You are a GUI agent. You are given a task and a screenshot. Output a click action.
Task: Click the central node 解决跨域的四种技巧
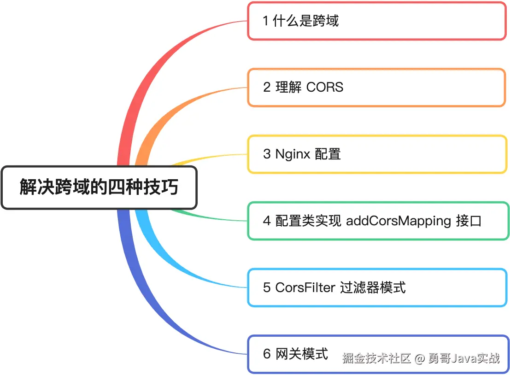click(x=99, y=187)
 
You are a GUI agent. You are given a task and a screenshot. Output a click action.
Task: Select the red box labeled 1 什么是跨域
click(x=376, y=21)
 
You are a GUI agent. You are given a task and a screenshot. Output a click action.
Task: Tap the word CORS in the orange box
click(x=325, y=87)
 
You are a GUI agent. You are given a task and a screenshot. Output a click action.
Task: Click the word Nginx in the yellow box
click(x=293, y=154)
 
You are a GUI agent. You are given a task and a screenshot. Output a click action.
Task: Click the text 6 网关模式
click(x=295, y=354)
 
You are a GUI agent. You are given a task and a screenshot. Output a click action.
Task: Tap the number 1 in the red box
click(x=266, y=21)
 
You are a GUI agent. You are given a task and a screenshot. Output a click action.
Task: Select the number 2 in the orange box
click(x=267, y=88)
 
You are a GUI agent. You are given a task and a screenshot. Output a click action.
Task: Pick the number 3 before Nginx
click(x=267, y=154)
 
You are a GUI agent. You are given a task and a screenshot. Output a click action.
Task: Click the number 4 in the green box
click(x=267, y=221)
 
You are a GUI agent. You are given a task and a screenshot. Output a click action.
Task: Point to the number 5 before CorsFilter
click(x=267, y=287)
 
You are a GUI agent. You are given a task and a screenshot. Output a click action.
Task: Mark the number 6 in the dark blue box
click(x=267, y=354)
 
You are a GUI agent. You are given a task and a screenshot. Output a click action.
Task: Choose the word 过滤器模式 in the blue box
click(x=373, y=287)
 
